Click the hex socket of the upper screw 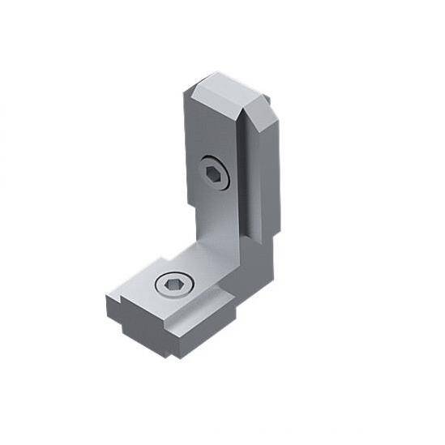214,173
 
